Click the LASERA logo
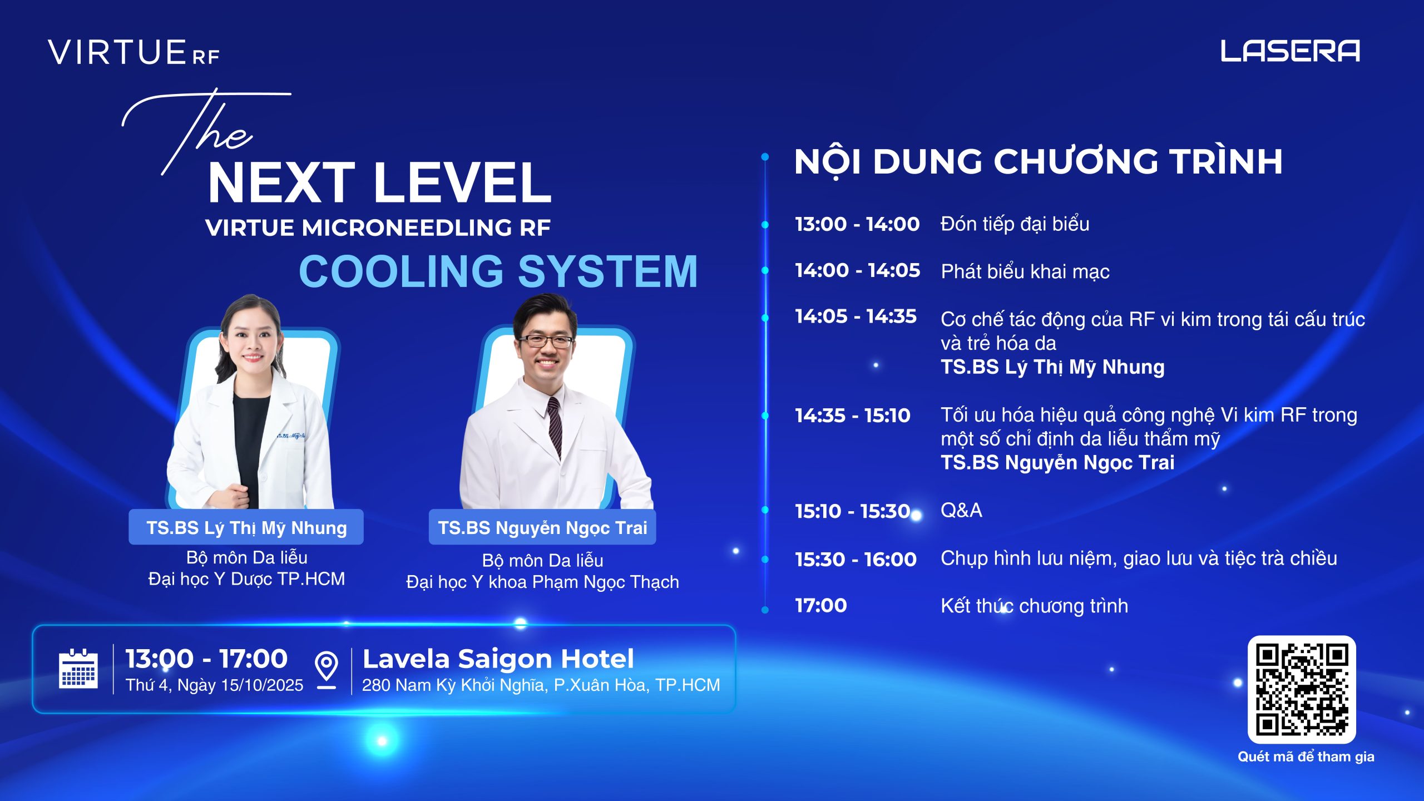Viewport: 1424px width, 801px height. tap(1290, 51)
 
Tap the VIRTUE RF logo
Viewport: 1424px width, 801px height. tap(133, 52)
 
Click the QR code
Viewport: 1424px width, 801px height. tap(1302, 689)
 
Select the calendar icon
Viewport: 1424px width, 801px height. tap(78, 669)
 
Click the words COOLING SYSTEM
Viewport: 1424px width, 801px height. tap(498, 271)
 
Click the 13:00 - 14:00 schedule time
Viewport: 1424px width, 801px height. tap(857, 224)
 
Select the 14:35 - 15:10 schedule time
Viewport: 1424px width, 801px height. tap(853, 416)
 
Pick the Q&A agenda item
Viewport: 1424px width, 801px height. tap(961, 510)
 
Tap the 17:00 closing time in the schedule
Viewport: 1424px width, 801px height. tap(821, 606)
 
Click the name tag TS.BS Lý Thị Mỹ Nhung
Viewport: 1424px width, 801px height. tap(246, 527)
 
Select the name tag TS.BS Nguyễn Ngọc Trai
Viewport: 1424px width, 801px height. tap(542, 527)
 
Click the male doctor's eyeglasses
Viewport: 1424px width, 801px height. tap(546, 340)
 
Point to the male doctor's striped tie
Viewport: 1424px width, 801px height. tap(555, 426)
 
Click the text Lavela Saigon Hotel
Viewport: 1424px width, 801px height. tap(498, 659)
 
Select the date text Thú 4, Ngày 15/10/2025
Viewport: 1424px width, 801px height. tap(214, 685)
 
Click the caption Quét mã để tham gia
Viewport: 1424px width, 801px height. tap(1306, 756)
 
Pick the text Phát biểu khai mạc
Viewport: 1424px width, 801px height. tap(1025, 271)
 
